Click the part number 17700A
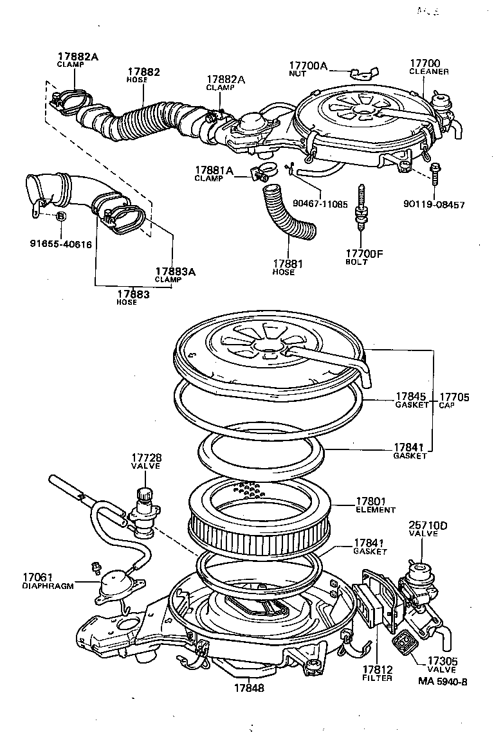tap(308, 66)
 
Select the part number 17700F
tap(363, 253)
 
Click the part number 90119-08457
tap(434, 204)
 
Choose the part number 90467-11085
tap(320, 204)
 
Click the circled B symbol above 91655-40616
tap(60, 216)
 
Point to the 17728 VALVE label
tap(147, 461)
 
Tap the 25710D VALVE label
tap(428, 529)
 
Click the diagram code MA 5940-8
tap(443, 681)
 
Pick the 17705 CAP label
tap(453, 401)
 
